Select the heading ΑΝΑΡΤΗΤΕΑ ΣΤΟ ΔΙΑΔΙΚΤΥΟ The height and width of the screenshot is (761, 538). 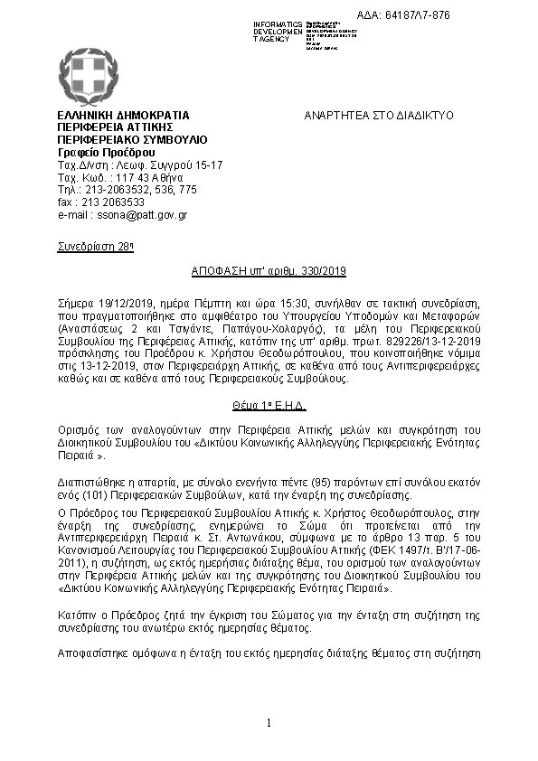pyautogui.click(x=379, y=116)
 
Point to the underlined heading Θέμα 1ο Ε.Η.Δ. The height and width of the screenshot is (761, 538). pyautogui.click(x=269, y=406)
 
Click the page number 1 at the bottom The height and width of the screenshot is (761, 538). pyautogui.click(x=269, y=723)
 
